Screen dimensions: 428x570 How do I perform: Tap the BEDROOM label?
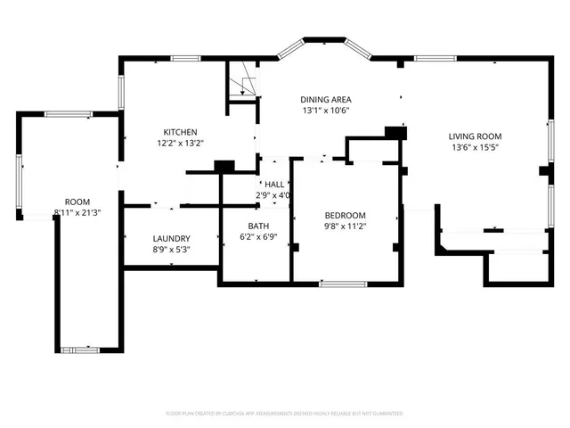345,215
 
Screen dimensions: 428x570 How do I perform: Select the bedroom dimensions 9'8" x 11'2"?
345,226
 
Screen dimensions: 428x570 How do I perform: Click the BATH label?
259,226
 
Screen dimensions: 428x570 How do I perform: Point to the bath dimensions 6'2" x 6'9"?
259,237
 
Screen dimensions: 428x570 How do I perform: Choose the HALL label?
274,184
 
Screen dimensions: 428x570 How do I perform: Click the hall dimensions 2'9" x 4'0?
274,194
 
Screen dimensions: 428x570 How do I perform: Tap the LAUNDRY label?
171,238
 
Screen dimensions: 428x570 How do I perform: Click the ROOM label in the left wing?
77,202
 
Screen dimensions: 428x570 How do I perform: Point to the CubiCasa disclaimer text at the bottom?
285,414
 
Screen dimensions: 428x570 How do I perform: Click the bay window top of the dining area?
324,40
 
